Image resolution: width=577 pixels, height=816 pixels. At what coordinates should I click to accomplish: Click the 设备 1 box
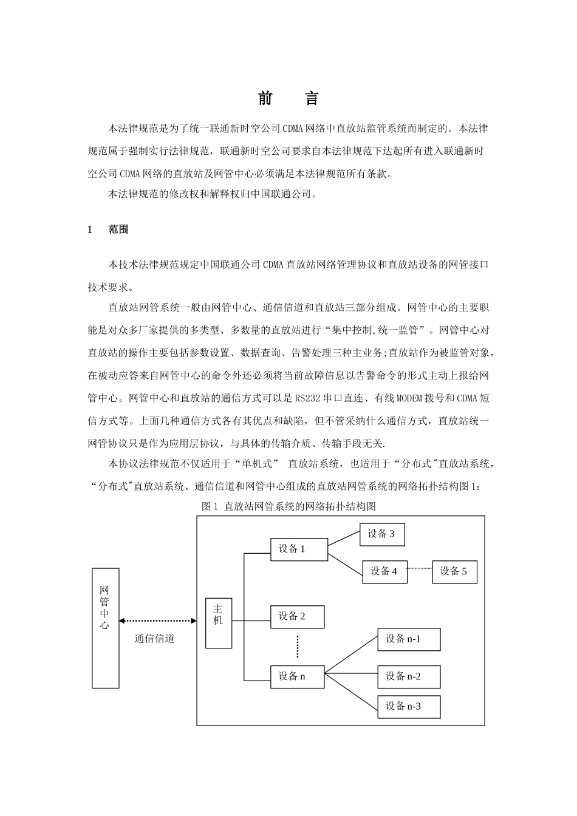tap(299, 549)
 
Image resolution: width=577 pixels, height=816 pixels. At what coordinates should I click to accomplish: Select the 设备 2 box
tap(297, 617)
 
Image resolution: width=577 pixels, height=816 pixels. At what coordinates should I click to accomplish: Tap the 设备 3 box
tap(381, 534)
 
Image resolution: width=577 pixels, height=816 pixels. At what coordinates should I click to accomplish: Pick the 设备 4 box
tap(384, 571)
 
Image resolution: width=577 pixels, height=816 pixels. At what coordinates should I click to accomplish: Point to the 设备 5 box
tap(454, 571)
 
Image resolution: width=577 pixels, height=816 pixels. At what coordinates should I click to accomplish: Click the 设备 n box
tap(297, 676)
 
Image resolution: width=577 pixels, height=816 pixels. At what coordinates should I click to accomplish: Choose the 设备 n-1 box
tap(409, 639)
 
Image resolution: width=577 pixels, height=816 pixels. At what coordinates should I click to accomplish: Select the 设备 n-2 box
tap(409, 677)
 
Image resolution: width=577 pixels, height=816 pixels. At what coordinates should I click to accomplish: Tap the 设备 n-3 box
tap(409, 707)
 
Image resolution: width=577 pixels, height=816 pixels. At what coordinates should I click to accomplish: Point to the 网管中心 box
tap(105, 628)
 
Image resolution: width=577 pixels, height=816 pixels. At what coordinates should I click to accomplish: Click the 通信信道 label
tap(154, 639)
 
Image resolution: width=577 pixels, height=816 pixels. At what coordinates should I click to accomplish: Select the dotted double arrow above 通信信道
tap(158, 620)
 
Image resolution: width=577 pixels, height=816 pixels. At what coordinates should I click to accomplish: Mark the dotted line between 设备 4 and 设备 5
tap(420, 569)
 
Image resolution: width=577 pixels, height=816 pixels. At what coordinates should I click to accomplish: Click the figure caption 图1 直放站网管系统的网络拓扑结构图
tap(289, 506)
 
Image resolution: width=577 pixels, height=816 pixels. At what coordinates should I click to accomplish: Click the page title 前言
tap(288, 99)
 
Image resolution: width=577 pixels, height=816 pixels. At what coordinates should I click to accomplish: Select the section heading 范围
tap(118, 229)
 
